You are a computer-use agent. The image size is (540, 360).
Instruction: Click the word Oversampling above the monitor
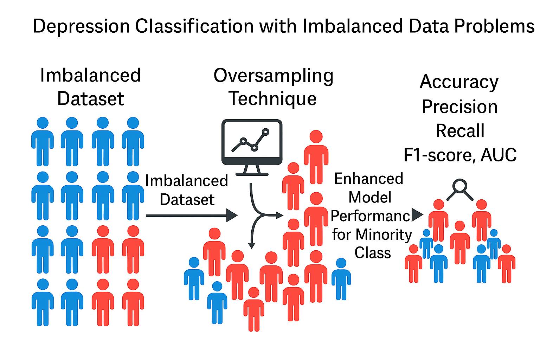(x=273, y=76)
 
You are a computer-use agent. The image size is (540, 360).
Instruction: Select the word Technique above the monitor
(x=273, y=98)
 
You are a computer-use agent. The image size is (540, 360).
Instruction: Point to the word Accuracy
(x=459, y=82)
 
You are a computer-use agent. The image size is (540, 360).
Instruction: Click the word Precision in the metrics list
(x=459, y=107)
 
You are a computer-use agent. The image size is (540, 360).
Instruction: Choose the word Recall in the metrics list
(x=460, y=130)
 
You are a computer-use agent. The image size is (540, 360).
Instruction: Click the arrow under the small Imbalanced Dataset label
(x=192, y=215)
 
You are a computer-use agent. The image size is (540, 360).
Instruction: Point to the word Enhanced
(x=368, y=179)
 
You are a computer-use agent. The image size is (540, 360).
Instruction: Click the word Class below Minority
(x=372, y=252)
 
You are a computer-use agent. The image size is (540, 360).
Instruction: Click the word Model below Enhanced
(x=370, y=197)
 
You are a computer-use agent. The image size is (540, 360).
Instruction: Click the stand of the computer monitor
(x=252, y=170)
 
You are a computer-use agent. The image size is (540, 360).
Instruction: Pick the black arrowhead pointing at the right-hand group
(x=417, y=215)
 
